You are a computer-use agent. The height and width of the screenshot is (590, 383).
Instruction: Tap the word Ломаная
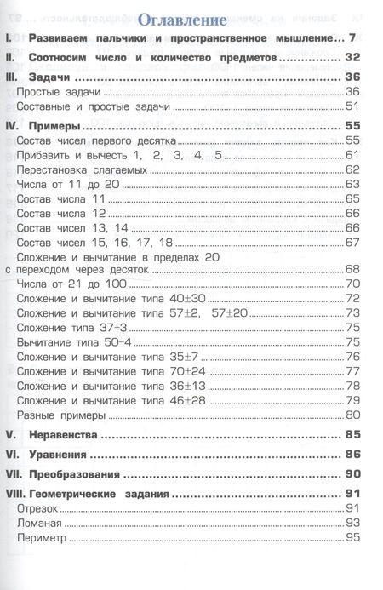(x=40, y=524)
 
